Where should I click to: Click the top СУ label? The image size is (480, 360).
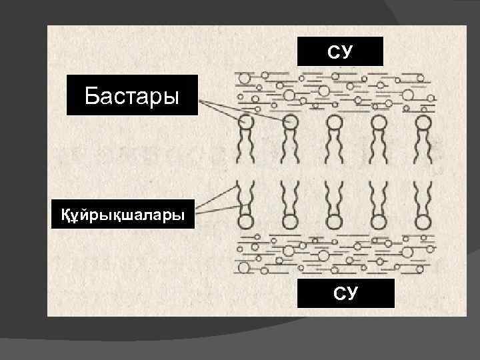(340, 51)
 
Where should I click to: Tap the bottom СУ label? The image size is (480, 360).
(346, 293)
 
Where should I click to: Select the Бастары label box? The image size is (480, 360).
(132, 96)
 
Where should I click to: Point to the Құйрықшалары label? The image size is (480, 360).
(123, 214)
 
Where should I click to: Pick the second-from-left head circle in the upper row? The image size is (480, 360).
(291, 122)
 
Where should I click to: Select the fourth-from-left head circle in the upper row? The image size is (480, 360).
(379, 123)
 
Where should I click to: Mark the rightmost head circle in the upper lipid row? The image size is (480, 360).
(423, 123)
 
